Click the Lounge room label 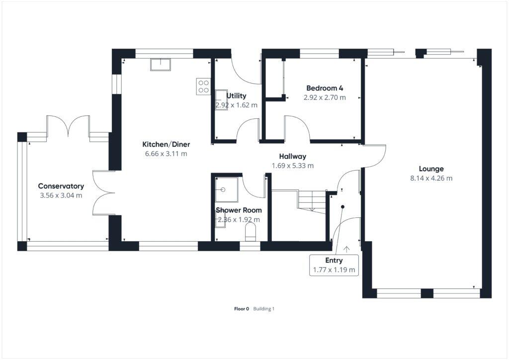pos(431,169)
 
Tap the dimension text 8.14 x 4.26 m pos(431,178)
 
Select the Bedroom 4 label pos(324,88)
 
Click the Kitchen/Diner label pos(166,144)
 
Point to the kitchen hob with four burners pos(203,87)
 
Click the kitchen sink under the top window pos(161,65)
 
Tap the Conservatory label pos(61,186)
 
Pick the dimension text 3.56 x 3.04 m pos(61,195)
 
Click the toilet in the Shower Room pos(251,232)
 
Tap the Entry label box pos(334,266)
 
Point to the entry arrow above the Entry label pos(346,247)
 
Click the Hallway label pos(292,156)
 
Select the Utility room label pos(237,95)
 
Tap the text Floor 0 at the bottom pos(242,309)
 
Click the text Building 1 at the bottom pos(264,309)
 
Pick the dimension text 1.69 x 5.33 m pos(292,166)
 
